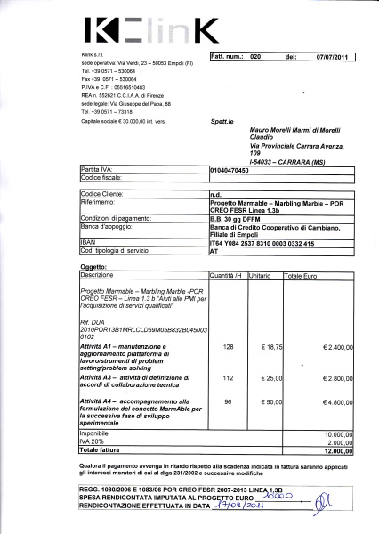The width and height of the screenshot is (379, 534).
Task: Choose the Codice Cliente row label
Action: [x=102, y=193]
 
